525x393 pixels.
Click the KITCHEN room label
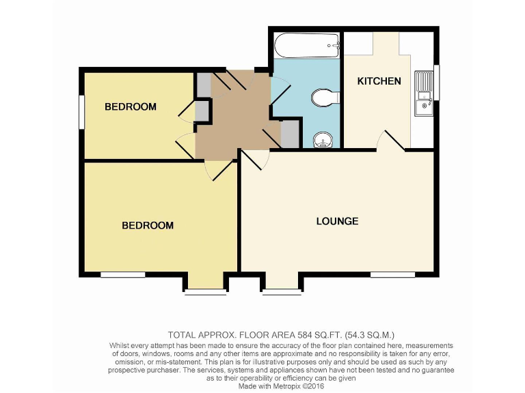[379, 81]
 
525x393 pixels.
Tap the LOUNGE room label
[337, 221]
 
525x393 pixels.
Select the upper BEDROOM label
[130, 106]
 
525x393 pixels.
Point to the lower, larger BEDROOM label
[148, 225]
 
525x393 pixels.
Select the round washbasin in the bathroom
[323, 141]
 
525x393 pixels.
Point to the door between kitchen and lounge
[391, 141]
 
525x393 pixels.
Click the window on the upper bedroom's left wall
[81, 111]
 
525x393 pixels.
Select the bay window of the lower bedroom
[206, 292]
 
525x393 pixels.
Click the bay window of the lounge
[282, 292]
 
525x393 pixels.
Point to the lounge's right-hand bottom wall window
[393, 275]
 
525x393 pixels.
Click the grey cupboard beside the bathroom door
[290, 134]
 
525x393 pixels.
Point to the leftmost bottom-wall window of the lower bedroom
[123, 275]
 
